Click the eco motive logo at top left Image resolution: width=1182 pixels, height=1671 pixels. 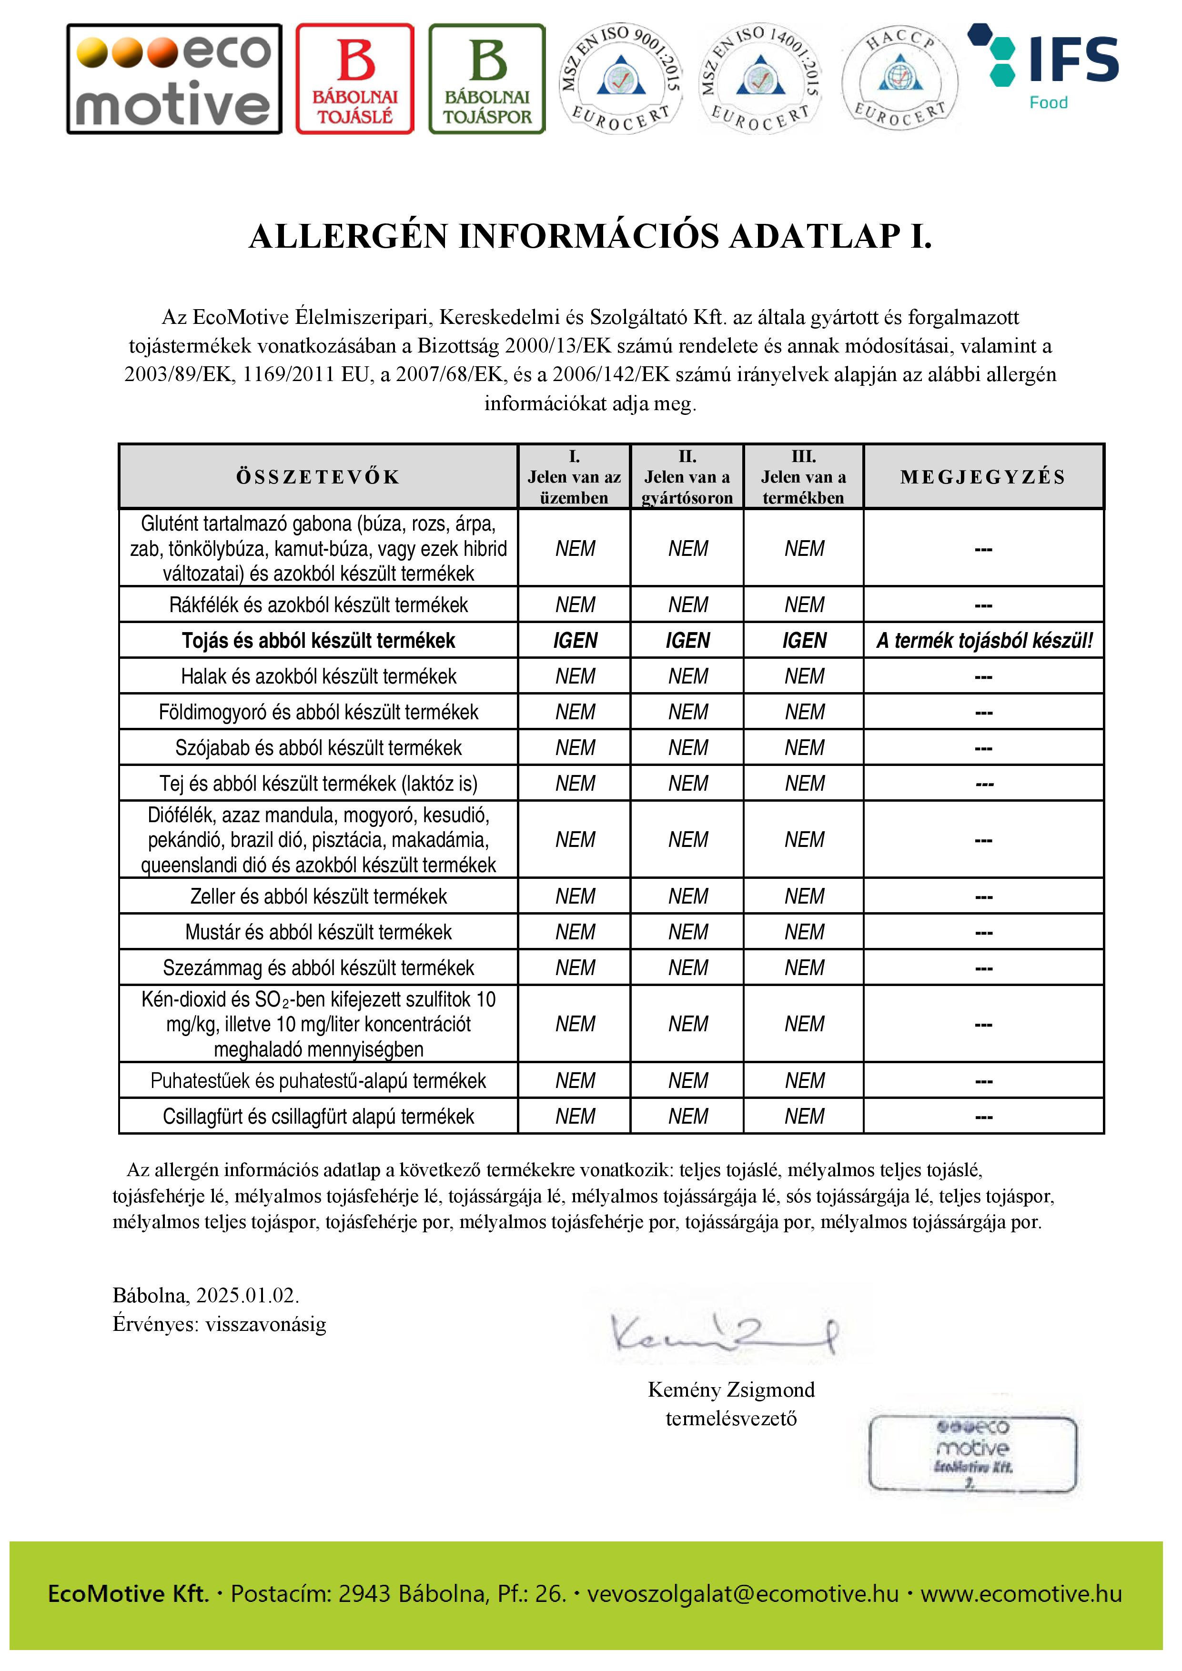(174, 79)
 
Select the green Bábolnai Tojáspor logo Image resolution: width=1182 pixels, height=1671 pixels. (487, 79)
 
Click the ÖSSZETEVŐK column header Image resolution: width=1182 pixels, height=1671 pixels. (318, 477)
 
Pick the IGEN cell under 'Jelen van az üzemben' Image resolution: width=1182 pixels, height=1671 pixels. (575, 641)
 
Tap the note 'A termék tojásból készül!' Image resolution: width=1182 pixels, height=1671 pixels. (984, 641)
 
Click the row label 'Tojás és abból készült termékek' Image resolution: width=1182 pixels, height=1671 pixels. (318, 641)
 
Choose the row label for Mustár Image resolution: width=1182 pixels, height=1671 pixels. (318, 932)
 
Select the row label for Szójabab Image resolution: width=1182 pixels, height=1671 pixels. (318, 748)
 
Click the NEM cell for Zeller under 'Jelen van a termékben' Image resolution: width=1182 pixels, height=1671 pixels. (804, 896)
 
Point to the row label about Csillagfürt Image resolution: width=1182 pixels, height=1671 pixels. (318, 1117)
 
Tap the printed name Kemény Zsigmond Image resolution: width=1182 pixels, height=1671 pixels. (731, 1389)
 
